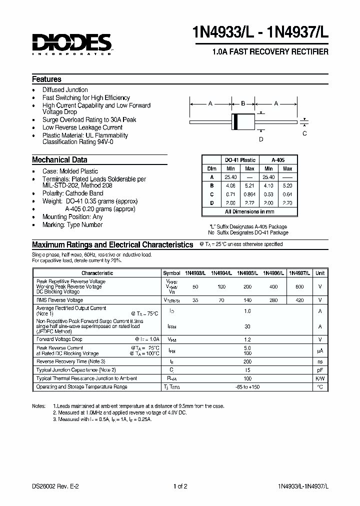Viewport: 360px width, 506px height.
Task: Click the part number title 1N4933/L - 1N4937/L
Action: tap(260, 35)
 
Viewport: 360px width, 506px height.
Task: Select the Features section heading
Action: tap(46, 79)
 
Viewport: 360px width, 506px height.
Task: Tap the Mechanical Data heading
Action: tap(59, 160)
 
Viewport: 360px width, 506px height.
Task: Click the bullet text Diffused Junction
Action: tap(65, 90)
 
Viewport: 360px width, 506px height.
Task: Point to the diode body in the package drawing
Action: tap(243, 121)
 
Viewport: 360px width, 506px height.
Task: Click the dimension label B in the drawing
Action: tap(243, 103)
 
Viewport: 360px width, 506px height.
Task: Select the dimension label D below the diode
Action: tap(260, 139)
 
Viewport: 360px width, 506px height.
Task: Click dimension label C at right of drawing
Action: tap(304, 133)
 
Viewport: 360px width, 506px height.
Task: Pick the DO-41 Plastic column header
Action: tap(240, 160)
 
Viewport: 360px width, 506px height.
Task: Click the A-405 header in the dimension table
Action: tap(278, 160)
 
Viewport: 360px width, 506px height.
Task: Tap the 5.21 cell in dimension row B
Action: tap(250, 185)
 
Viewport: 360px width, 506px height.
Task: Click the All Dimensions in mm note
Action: tap(249, 212)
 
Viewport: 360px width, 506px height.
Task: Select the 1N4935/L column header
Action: tap(246, 273)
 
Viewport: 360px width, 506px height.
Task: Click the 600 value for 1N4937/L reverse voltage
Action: tap(299, 286)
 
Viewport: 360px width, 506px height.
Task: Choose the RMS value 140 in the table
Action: tap(246, 300)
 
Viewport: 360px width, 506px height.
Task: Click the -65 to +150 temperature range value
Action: tap(246, 386)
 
